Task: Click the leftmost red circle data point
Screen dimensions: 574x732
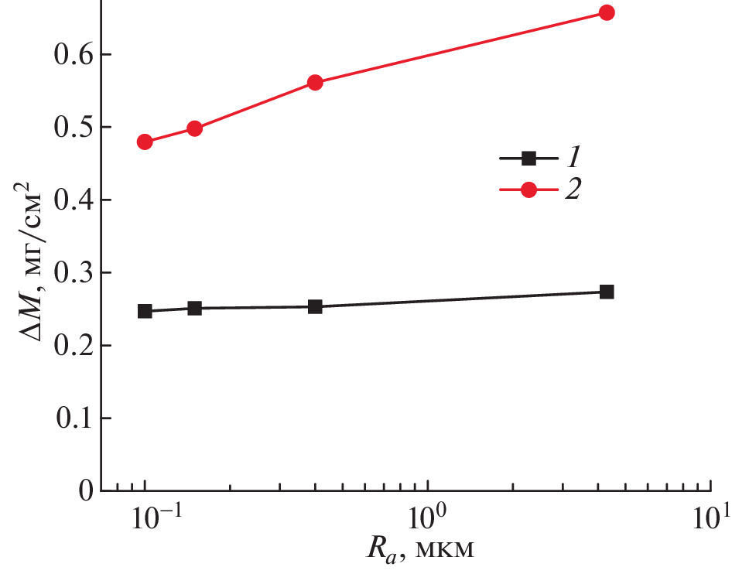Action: click(145, 142)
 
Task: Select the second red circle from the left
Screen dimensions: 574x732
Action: click(194, 128)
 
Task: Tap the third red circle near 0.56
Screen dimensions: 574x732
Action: click(315, 83)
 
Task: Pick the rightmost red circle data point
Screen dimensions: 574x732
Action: click(607, 12)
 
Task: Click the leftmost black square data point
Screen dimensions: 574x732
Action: click(145, 311)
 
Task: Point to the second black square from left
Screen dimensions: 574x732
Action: click(194, 308)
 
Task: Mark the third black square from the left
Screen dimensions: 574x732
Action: click(315, 306)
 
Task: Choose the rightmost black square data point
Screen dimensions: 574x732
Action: click(607, 292)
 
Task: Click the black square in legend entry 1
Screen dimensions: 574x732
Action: click(529, 159)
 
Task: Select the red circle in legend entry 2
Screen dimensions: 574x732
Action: click(529, 190)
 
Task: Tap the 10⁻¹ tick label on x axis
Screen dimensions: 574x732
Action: click(145, 518)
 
